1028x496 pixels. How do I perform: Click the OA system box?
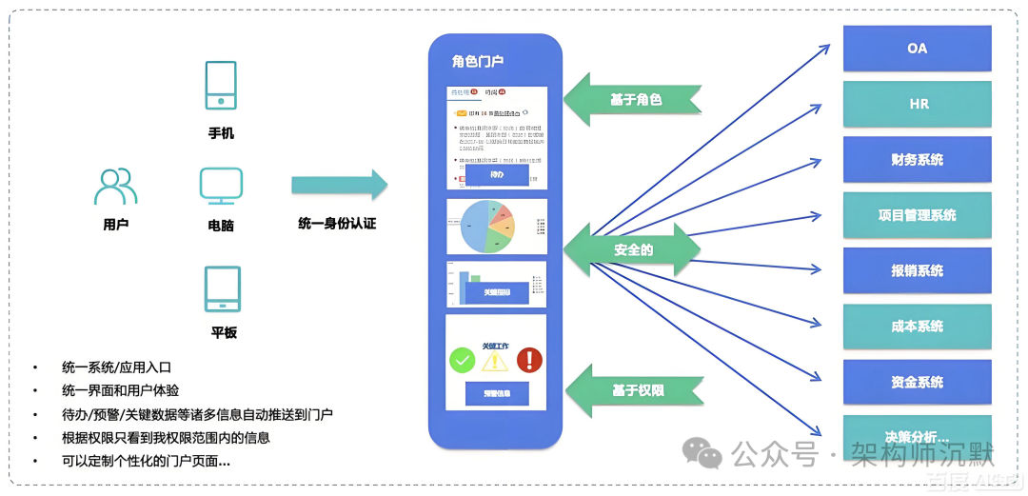tap(917, 49)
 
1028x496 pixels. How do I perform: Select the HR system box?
tap(917, 104)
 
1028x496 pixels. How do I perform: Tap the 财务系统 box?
tap(917, 159)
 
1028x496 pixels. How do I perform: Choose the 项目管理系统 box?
tap(917, 215)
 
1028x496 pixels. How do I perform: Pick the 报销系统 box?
tap(917, 270)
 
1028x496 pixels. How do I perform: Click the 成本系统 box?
tap(917, 326)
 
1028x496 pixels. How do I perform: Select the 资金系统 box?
tap(917, 382)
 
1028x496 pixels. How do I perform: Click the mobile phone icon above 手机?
tap(221, 86)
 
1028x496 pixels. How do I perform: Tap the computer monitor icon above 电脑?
tap(221, 186)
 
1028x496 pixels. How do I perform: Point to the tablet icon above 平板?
tap(222, 289)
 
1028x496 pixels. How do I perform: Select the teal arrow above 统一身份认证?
tap(340, 185)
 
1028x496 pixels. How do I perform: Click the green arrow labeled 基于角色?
tap(633, 99)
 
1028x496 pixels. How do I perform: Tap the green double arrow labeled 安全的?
tap(633, 249)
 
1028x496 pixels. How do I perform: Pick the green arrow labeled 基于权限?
tap(634, 390)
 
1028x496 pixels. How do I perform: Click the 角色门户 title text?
tap(478, 62)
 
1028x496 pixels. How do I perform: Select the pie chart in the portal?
tap(486, 227)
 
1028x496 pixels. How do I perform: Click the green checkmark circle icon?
tap(462, 360)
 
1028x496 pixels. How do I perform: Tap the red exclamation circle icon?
tap(529, 360)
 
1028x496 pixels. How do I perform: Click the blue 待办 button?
tap(496, 175)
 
